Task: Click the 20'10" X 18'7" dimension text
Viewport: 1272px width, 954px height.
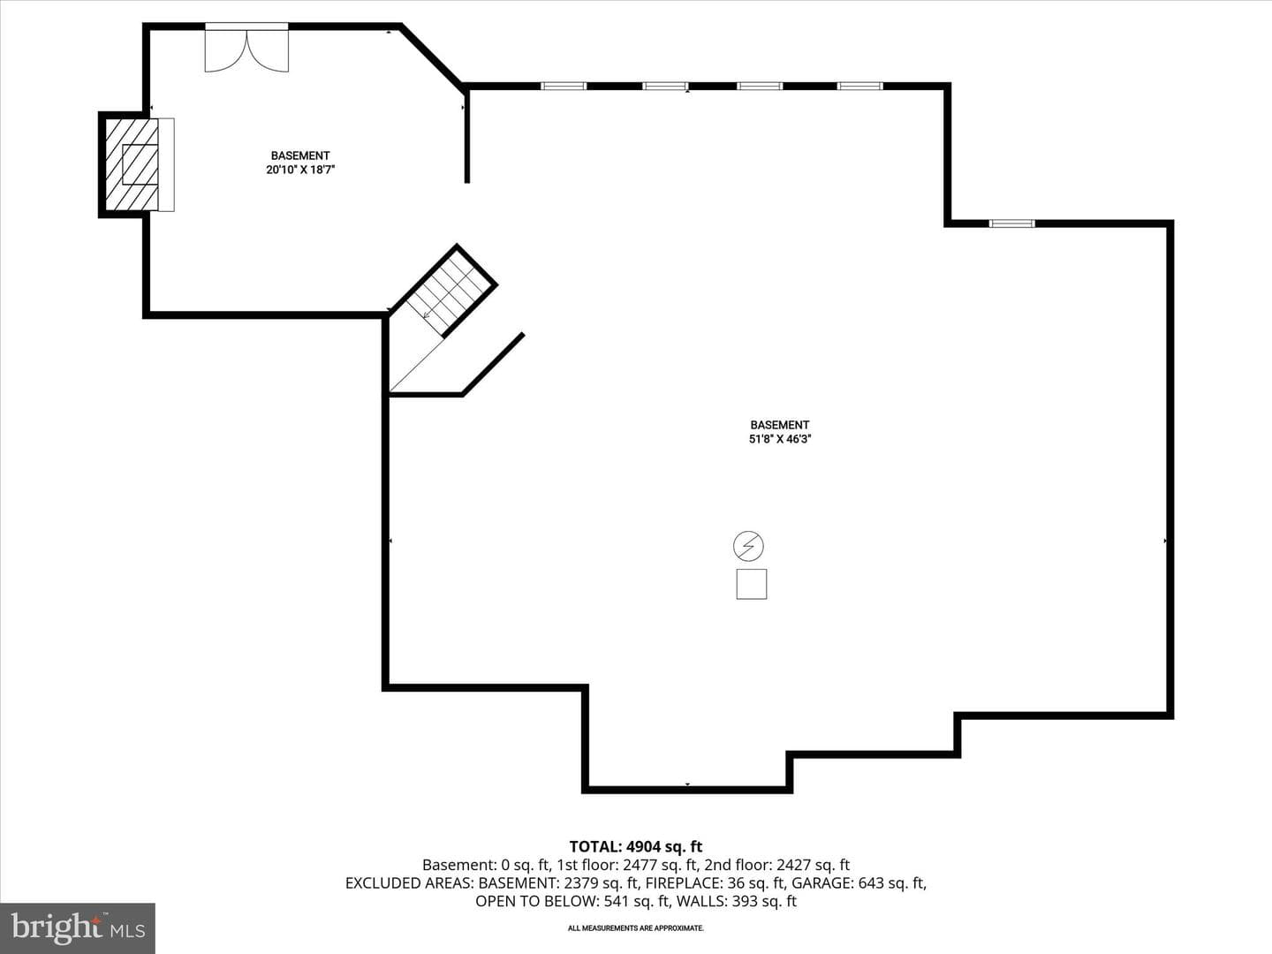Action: [x=300, y=170]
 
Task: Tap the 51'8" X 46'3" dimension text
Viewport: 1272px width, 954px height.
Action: [x=780, y=439]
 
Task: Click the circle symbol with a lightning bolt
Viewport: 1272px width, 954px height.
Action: [x=748, y=546]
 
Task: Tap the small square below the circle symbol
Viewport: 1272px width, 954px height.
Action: [x=752, y=584]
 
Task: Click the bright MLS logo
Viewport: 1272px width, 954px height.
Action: [x=78, y=927]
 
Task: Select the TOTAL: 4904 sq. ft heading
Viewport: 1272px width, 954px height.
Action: [x=636, y=847]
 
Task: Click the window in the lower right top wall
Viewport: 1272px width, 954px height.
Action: [x=1011, y=223]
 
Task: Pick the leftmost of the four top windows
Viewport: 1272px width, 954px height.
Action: [x=564, y=87]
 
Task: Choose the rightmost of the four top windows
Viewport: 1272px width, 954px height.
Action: [x=860, y=87]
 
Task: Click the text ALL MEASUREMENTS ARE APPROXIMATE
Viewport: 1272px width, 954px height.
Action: [x=636, y=928]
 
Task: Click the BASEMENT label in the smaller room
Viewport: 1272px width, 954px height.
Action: [x=300, y=155]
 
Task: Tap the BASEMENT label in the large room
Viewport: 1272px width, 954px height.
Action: [x=780, y=425]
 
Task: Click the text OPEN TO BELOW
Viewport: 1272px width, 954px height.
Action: [x=537, y=901]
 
